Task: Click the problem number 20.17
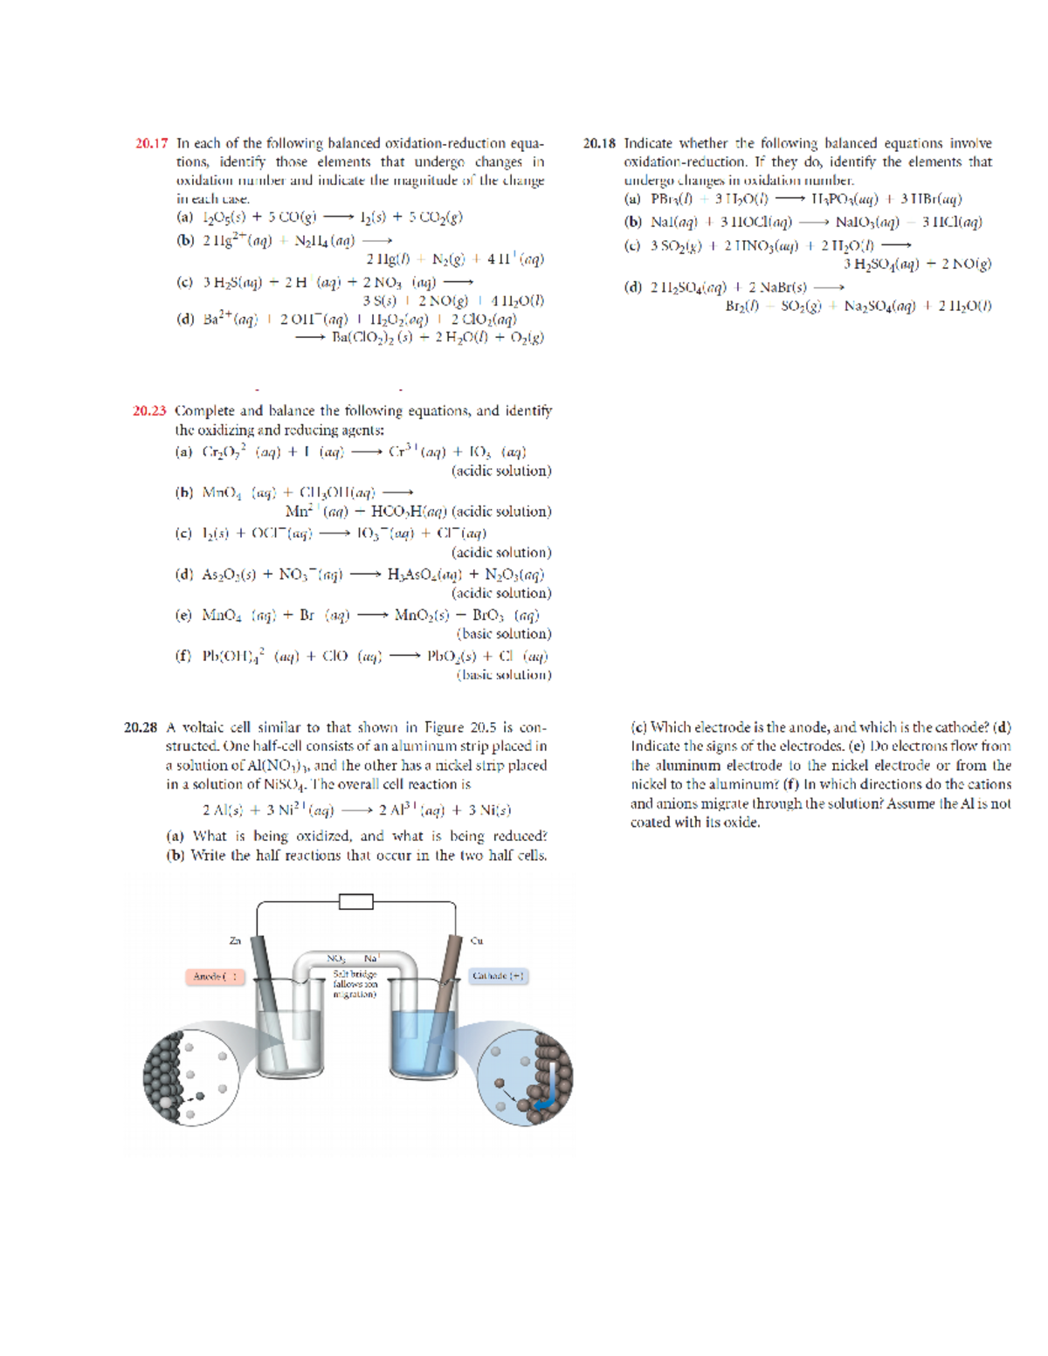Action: (151, 143)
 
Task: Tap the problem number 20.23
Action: (149, 410)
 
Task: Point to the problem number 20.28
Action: (141, 727)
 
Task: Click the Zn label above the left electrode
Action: (234, 940)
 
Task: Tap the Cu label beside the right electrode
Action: (477, 940)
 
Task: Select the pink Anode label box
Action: (215, 976)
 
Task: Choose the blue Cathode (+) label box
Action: (498, 976)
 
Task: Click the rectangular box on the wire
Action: (355, 901)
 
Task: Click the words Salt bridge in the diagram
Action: (355, 974)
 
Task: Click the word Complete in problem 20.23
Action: (205, 410)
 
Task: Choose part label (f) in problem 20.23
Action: (183, 656)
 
